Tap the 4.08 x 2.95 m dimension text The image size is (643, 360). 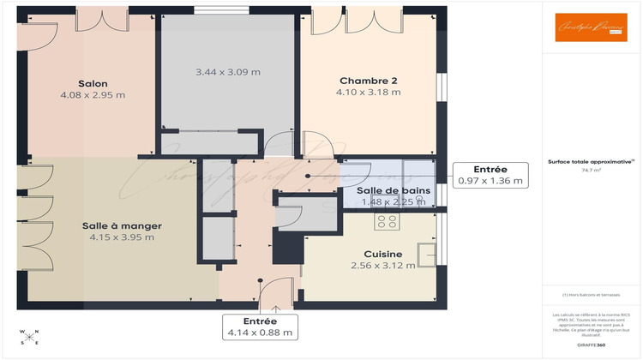[x=93, y=95]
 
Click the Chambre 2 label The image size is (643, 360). [x=369, y=81]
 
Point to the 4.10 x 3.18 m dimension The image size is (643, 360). [x=369, y=93]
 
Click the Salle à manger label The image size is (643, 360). [x=122, y=225]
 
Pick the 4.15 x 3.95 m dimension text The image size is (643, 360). [x=122, y=237]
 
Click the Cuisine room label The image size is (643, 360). [x=382, y=254]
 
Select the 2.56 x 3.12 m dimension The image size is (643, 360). [x=382, y=266]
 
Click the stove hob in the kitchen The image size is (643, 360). [x=387, y=221]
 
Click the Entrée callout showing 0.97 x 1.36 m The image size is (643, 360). [x=490, y=175]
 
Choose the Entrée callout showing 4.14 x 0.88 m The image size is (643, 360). [x=260, y=327]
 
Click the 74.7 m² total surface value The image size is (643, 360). [x=592, y=171]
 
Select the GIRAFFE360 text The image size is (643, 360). [x=592, y=344]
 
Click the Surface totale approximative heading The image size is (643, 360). [x=592, y=160]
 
